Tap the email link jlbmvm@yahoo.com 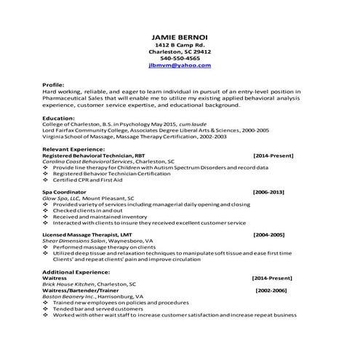(x=180, y=65)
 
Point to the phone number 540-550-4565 (x=180, y=58)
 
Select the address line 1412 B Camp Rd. (x=180, y=45)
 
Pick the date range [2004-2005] (x=268, y=236)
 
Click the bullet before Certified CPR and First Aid (x=46, y=180)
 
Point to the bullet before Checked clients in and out (x=46, y=210)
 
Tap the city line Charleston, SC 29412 (x=180, y=52)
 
